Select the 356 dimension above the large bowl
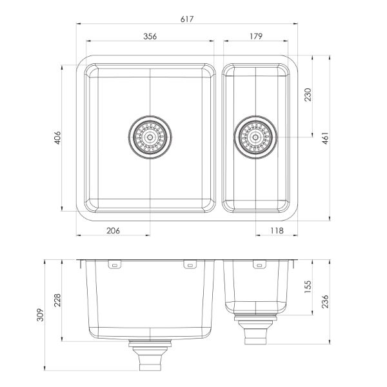coord(150,37)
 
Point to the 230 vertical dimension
coord(308,95)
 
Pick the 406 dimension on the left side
coord(57,137)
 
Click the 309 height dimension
coord(39,315)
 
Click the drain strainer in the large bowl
coord(150,137)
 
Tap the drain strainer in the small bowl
coord(256,137)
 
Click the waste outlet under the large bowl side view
coord(150,355)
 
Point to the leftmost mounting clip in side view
coord(115,264)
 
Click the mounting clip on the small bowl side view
coord(259,264)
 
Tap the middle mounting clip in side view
coord(190,264)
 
